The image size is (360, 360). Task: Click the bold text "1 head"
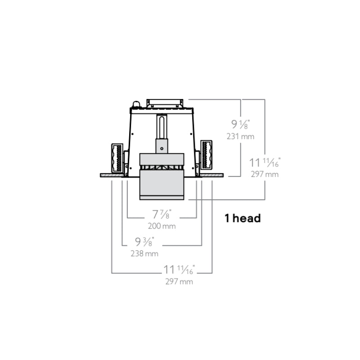(243, 218)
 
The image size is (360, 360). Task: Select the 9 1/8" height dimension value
(240, 124)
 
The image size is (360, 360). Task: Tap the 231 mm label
(240, 136)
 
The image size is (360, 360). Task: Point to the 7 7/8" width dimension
(162, 214)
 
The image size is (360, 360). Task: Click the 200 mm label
(162, 226)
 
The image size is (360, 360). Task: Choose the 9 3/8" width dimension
(144, 242)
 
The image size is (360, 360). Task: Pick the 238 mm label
(144, 253)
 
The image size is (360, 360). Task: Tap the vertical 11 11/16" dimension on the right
(265, 162)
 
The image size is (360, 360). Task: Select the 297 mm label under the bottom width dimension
(179, 282)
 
